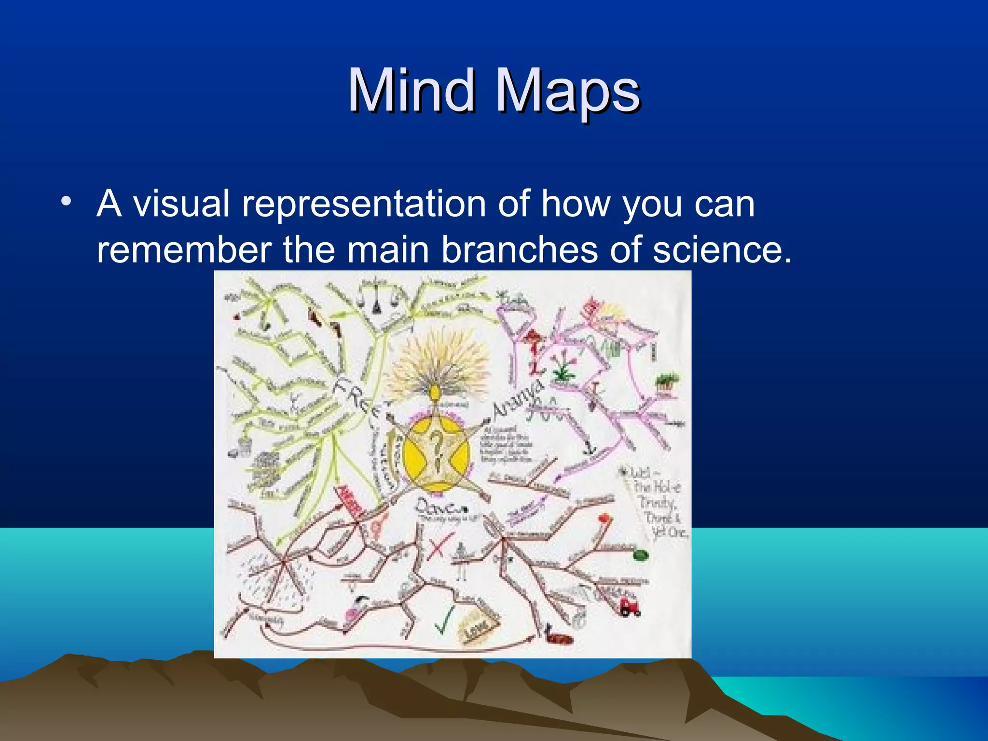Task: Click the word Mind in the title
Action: tap(411, 90)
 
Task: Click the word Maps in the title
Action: tap(568, 92)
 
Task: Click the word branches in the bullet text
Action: tap(520, 250)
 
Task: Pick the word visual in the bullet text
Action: tap(181, 204)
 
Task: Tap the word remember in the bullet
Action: tap(184, 250)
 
